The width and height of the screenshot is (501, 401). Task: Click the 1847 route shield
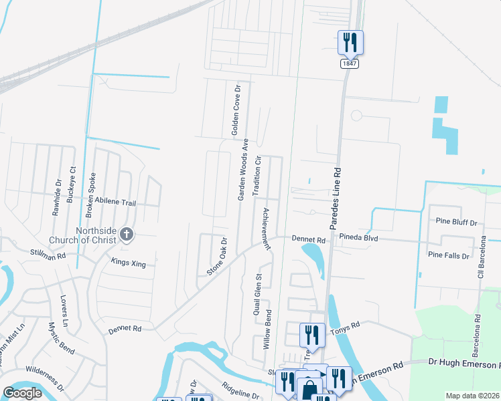348,63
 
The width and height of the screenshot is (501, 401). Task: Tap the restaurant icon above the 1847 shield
350,42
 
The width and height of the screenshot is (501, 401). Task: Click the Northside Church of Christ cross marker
127,234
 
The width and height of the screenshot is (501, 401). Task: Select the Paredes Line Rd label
337,192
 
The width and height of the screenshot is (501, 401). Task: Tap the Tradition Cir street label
256,175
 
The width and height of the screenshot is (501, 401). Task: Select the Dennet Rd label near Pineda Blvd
308,239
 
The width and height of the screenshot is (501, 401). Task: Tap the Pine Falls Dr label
449,255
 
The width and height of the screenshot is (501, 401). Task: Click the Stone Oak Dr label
217,256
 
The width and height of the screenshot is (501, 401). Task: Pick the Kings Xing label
128,264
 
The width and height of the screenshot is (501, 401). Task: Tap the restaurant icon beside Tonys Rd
312,332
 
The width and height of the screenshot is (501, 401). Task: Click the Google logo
23,392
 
